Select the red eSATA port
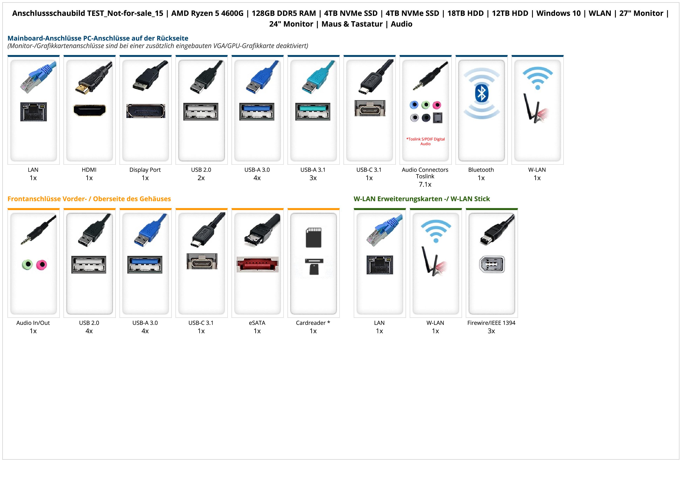click(x=258, y=264)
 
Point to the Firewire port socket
click(x=492, y=264)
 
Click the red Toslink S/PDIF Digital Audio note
click(x=425, y=141)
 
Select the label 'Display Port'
click(x=145, y=170)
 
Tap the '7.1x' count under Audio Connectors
click(x=425, y=185)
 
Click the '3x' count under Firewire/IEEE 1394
click(x=491, y=331)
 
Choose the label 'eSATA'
click(x=257, y=323)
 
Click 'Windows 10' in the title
click(x=558, y=13)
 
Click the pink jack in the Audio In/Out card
click(x=42, y=265)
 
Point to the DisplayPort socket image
click(x=146, y=111)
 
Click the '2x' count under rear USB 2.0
click(x=201, y=178)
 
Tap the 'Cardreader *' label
click(x=313, y=323)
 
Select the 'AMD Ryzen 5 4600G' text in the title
click(x=207, y=13)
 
